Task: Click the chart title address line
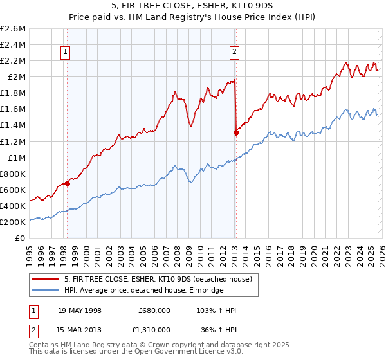pos(193,6)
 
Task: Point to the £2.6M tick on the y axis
pos(14,29)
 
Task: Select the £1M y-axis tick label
pos(16,157)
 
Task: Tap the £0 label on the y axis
pos(21,238)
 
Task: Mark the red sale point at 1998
pos(68,183)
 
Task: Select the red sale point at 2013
pos(236,133)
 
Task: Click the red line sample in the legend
pos(46,279)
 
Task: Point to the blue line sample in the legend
pos(46,290)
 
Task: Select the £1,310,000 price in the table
pos(149,331)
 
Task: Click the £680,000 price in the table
pos(154,310)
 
